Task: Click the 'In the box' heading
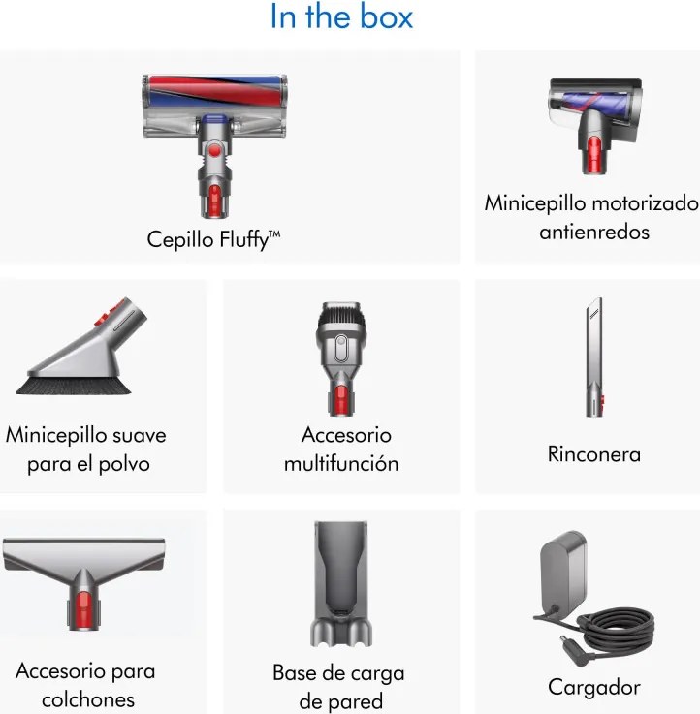(x=341, y=17)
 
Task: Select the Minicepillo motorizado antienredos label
(x=591, y=218)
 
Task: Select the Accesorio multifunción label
(x=341, y=449)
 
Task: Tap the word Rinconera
(x=593, y=453)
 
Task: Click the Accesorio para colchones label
(x=85, y=684)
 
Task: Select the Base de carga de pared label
(x=338, y=687)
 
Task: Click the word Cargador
(x=594, y=687)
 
